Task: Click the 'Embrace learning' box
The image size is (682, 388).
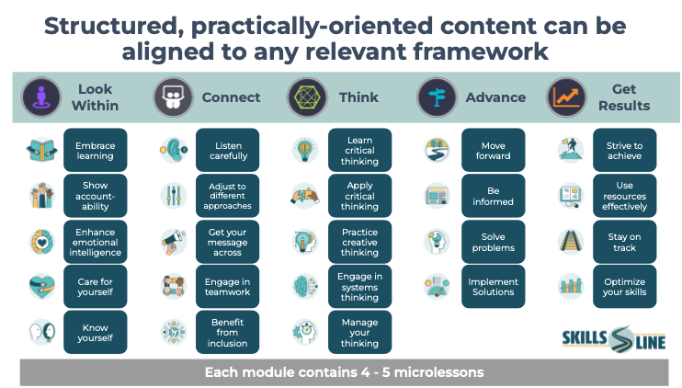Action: pyautogui.click(x=96, y=150)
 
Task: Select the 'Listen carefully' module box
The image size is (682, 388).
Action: pyautogui.click(x=227, y=150)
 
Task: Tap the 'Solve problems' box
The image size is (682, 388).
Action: pyautogui.click(x=494, y=242)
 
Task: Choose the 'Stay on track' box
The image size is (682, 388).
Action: pyautogui.click(x=625, y=242)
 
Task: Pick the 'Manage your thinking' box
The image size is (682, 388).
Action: pyautogui.click(x=359, y=332)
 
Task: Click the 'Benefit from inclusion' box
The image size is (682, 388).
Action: pyautogui.click(x=227, y=332)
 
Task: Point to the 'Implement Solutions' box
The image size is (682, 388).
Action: pyautogui.click(x=494, y=287)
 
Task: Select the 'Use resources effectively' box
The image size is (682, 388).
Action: pyautogui.click(x=625, y=196)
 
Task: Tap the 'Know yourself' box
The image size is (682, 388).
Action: pyautogui.click(x=96, y=332)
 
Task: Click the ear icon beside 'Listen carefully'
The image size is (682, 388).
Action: pyautogui.click(x=174, y=150)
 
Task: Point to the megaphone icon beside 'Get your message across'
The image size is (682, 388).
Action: pyautogui.click(x=174, y=242)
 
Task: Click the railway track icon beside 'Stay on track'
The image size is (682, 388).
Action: pyautogui.click(x=571, y=242)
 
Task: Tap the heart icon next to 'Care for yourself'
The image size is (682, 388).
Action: pyautogui.click(x=41, y=287)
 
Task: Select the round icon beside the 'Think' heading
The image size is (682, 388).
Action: pyautogui.click(x=307, y=97)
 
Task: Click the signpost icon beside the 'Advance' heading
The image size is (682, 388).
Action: pyautogui.click(x=437, y=97)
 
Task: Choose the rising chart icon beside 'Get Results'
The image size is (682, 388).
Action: pyautogui.click(x=566, y=97)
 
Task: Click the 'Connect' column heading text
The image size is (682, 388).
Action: pyautogui.click(x=231, y=97)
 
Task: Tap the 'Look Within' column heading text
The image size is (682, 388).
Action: pyautogui.click(x=96, y=97)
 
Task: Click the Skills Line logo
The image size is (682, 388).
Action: pyautogui.click(x=614, y=339)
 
